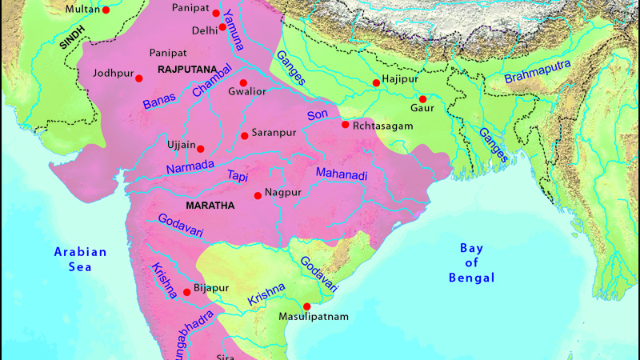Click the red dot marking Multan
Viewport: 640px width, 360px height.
pos(106,10)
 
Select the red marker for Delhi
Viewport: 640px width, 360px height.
pos(222,27)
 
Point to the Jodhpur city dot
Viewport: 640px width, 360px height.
pos(139,78)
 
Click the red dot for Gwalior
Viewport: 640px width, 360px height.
pos(243,83)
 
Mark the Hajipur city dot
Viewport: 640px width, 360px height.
pos(376,83)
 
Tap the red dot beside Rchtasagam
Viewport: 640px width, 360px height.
pos(345,125)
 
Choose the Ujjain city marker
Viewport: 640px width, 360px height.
pos(201,149)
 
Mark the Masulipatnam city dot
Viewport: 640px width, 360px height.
pos(306,306)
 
